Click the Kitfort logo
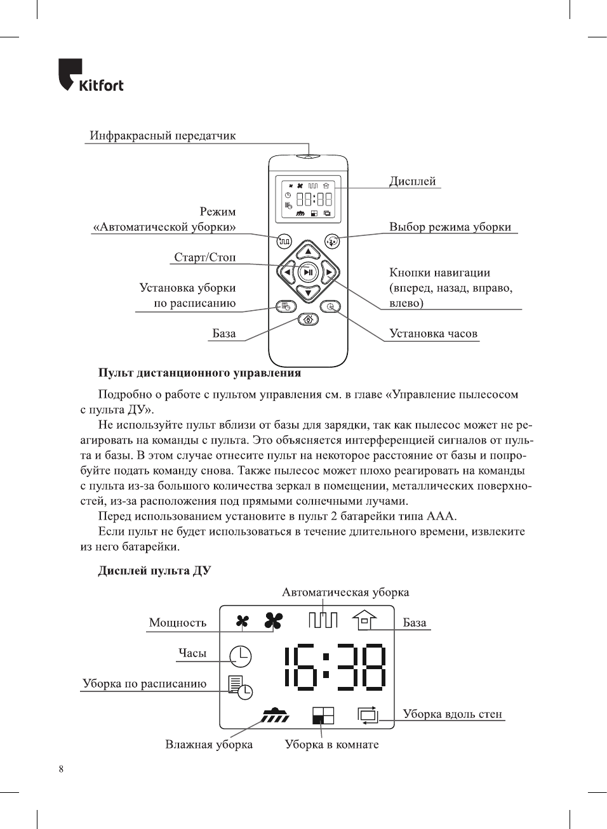[91, 76]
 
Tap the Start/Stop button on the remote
[308, 272]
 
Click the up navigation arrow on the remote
[308, 252]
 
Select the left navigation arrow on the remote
[287, 273]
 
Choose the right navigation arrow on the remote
[329, 273]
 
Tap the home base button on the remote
[308, 319]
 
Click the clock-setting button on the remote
[330, 307]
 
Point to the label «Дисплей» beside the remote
[412, 181]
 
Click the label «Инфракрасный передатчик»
[163, 136]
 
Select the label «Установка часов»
[433, 334]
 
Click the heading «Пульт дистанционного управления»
[199, 373]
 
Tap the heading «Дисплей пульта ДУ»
[154, 571]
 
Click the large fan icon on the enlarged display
[273, 621]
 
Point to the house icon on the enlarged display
[364, 620]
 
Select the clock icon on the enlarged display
[241, 656]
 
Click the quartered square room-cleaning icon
[323, 715]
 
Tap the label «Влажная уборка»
[209, 745]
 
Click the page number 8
[61, 769]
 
